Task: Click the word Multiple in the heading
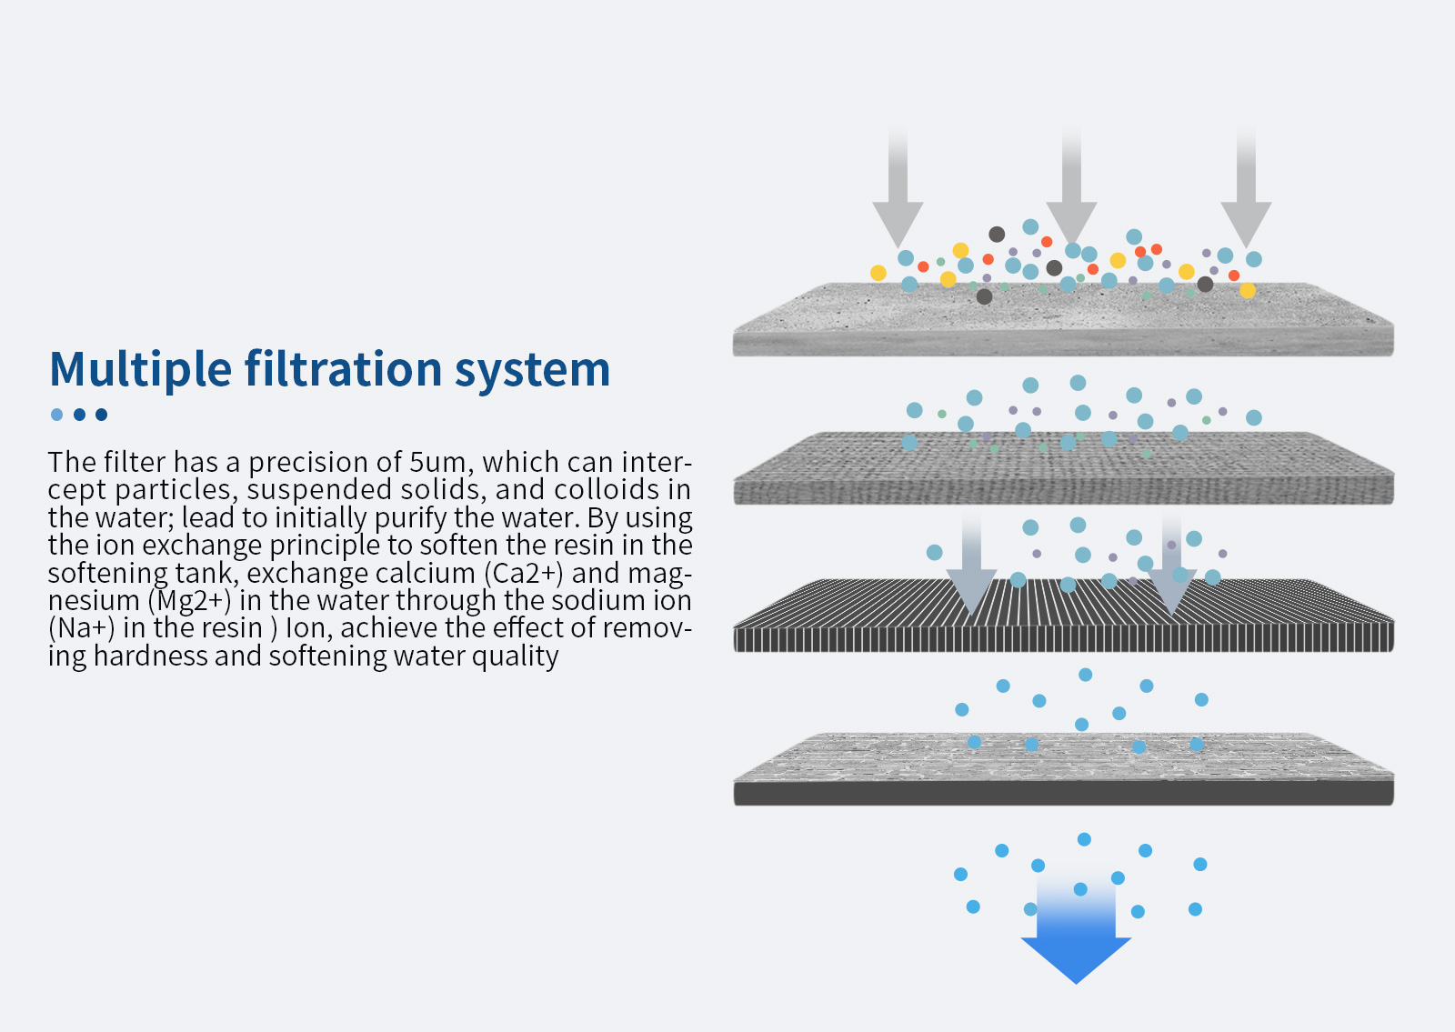coord(140,369)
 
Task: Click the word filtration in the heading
coord(344,368)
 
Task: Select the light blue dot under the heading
coord(57,415)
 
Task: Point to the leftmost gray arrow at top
coord(898,188)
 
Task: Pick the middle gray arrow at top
coord(1072,188)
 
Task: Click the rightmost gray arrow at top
coord(1246,188)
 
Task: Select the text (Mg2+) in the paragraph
coord(190,601)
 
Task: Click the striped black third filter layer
coord(1063,616)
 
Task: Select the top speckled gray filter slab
coord(1063,319)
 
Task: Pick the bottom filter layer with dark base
coord(1063,769)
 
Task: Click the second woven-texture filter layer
coord(1063,468)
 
